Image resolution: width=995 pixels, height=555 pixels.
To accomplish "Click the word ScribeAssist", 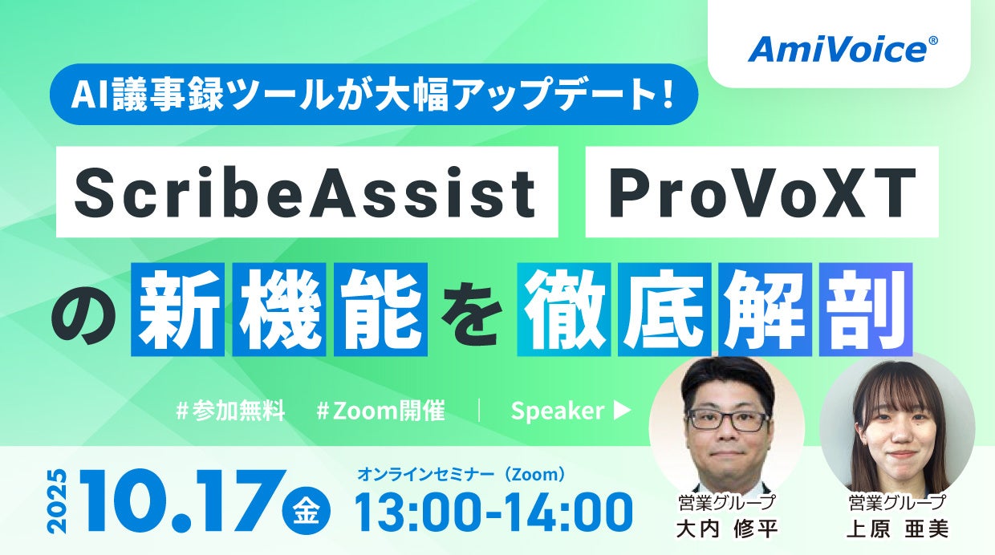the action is (x=305, y=192).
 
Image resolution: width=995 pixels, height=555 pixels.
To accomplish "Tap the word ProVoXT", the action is (x=762, y=192).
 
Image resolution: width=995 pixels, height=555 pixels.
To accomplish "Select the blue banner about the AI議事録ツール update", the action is (x=374, y=94).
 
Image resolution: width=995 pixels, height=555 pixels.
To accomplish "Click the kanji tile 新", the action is (x=177, y=310).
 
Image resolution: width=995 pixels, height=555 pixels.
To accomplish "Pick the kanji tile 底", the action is (x=664, y=310).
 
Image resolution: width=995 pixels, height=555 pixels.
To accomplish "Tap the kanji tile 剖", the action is (x=866, y=310).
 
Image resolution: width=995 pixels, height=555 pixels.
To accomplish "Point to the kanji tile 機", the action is (x=279, y=310).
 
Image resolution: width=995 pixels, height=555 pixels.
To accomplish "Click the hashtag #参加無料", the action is (x=230, y=411).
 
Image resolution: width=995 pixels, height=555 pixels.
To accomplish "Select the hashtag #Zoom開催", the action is (x=380, y=411).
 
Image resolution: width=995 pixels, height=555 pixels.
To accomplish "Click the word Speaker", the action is (x=558, y=411).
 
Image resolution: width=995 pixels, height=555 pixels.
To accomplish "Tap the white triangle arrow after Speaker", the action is (x=622, y=411).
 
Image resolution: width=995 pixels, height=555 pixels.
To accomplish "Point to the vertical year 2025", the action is (x=58, y=501).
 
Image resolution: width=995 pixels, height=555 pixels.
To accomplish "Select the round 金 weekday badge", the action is (x=307, y=512).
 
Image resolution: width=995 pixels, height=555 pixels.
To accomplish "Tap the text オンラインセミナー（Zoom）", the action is (x=462, y=474).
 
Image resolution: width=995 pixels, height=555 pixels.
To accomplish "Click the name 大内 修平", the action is (x=727, y=529).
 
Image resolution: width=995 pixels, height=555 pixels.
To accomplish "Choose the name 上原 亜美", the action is (x=897, y=529).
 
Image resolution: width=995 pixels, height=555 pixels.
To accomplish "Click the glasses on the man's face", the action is (x=728, y=419).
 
